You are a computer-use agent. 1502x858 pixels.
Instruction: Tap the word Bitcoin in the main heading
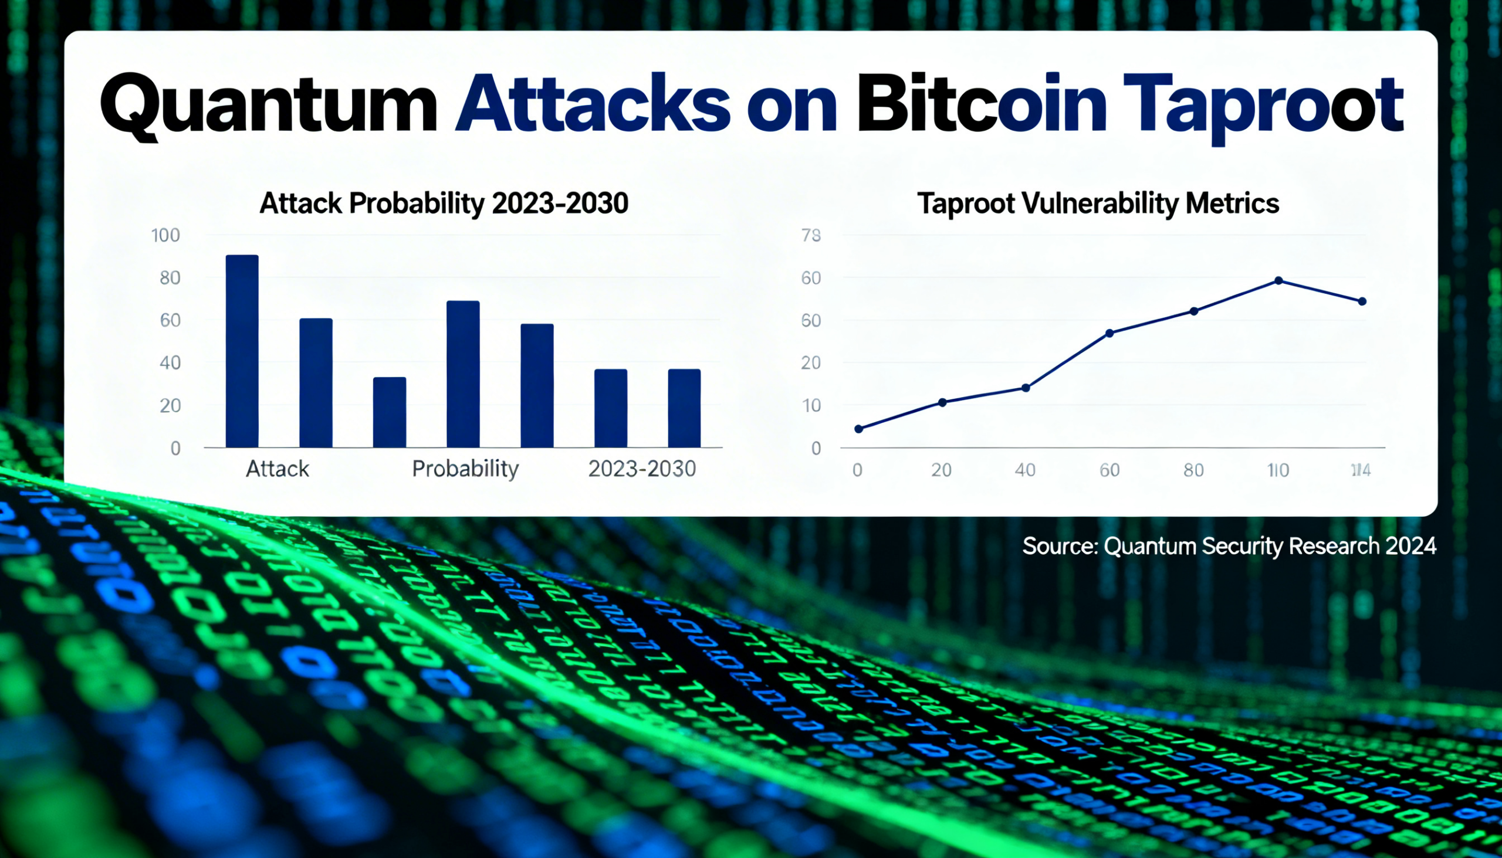tap(981, 105)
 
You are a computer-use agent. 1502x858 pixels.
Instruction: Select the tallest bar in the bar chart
tap(242, 351)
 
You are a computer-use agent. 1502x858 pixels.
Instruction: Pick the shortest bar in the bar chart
tap(390, 412)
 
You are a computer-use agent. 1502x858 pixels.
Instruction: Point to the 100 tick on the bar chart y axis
tap(165, 236)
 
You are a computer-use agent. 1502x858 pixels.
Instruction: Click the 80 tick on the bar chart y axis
tap(170, 278)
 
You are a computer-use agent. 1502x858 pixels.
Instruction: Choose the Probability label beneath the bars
tap(465, 469)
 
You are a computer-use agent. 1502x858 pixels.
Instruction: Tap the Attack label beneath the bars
tap(277, 469)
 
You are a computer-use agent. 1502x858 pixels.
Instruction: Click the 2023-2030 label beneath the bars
tap(642, 469)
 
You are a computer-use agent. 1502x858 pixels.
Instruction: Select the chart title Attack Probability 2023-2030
tap(444, 204)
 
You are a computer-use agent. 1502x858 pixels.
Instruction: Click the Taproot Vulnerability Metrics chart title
tap(1098, 204)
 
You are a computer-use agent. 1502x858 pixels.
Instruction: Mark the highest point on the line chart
tap(1278, 281)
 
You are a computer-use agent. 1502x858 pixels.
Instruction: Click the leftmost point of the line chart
tap(859, 429)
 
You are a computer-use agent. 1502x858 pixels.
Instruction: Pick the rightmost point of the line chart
tap(1362, 301)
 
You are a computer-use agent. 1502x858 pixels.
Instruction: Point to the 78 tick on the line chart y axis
tap(811, 236)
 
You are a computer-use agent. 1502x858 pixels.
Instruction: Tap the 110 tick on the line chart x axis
tap(1278, 470)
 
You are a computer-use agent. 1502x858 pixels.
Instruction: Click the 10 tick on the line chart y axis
tap(811, 406)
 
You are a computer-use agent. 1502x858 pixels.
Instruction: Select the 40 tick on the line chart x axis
tap(1025, 470)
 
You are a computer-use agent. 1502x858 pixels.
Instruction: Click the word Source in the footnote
tap(1058, 546)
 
